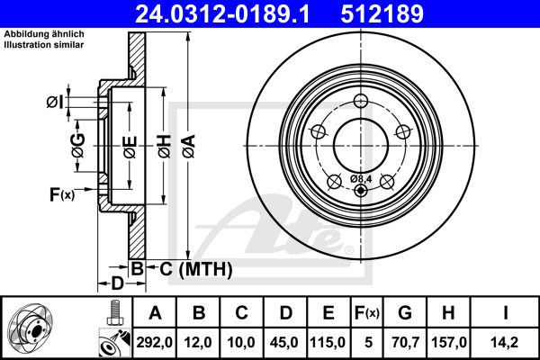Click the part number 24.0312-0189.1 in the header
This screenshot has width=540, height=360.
[222, 13]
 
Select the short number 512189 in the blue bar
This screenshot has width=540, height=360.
[382, 13]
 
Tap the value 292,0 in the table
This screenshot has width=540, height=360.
[154, 342]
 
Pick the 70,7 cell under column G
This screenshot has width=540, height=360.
[405, 342]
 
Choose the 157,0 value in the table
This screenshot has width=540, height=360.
[449, 342]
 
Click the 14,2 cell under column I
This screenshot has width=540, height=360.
[504, 342]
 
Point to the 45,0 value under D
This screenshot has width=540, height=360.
[284, 342]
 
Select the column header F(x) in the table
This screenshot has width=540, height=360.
[367, 313]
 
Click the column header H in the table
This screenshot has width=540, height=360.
[448, 313]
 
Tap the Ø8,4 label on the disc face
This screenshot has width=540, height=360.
[361, 179]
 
